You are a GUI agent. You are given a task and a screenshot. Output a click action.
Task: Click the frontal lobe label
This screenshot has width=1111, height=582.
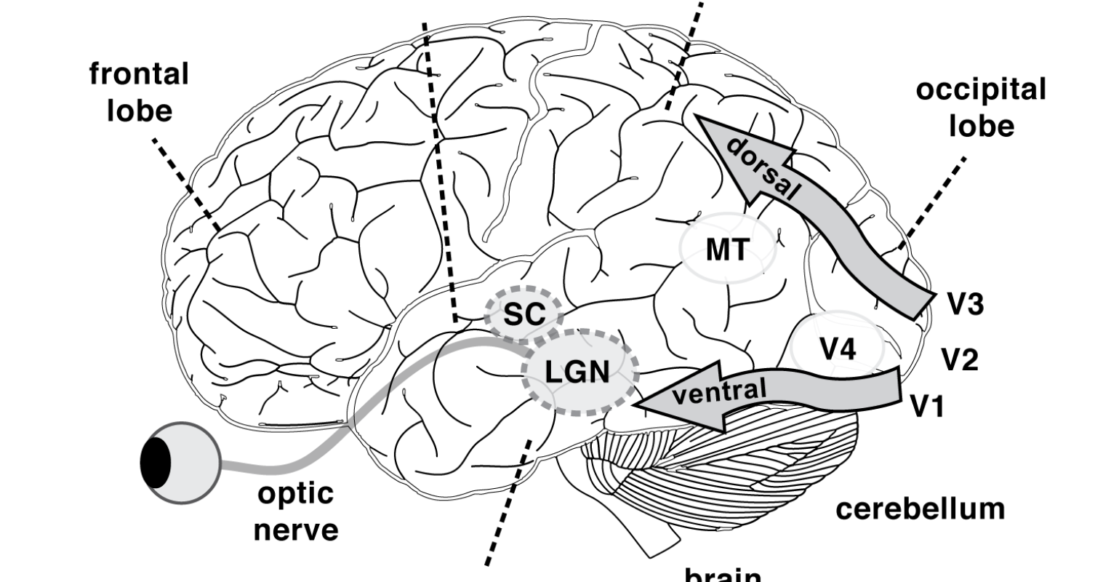coord(139,92)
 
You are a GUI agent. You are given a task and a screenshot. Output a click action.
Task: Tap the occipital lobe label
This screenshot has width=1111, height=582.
coord(980,108)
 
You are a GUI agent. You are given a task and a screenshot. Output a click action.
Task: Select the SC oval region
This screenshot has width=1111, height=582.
coord(524,314)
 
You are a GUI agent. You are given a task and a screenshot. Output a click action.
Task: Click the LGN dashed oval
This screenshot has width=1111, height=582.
coord(579,372)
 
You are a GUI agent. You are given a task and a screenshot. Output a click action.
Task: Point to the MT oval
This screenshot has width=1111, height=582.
coord(726,250)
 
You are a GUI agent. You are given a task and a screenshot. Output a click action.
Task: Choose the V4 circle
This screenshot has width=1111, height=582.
coord(838,348)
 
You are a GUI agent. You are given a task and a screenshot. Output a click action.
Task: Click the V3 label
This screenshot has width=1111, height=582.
coord(966,304)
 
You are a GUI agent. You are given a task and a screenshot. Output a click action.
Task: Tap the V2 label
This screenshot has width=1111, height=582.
coord(960,359)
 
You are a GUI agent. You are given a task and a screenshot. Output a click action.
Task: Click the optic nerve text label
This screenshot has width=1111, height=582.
coord(296,511)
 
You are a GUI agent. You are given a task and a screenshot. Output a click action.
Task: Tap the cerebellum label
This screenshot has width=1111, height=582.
coord(920,508)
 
